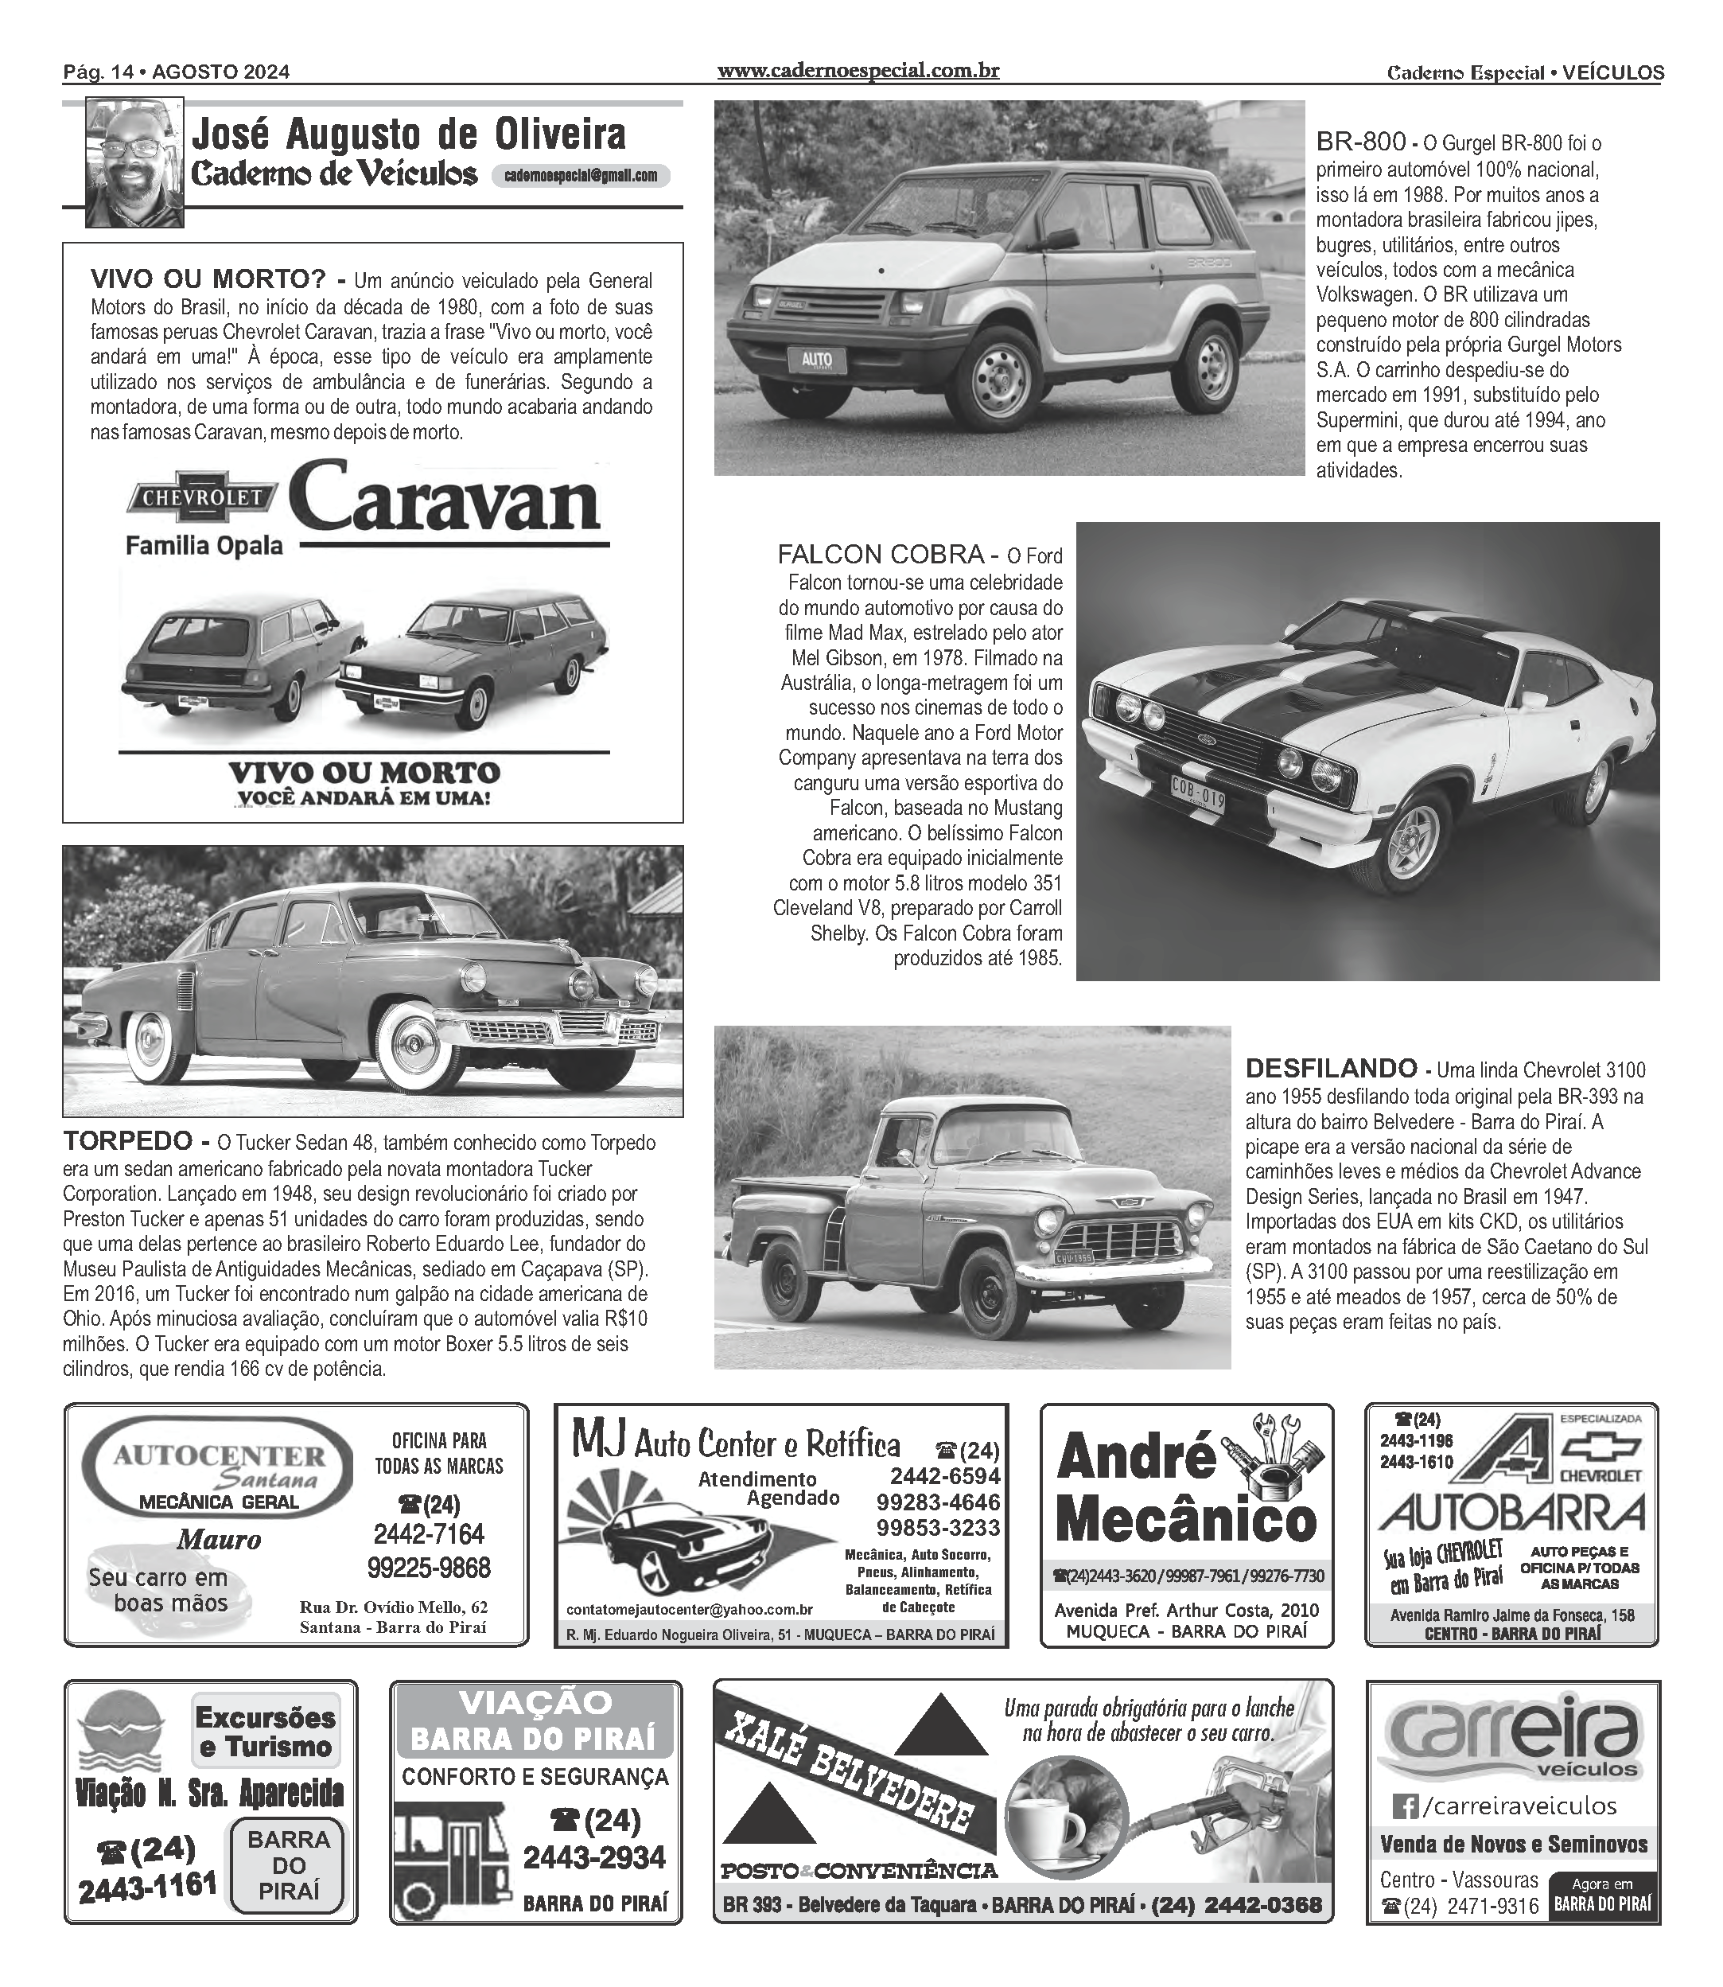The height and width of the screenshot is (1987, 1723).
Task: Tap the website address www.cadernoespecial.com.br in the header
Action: [858, 70]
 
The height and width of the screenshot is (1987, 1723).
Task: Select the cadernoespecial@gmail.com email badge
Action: [581, 176]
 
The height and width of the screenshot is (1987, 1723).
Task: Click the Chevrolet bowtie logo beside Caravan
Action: [202, 497]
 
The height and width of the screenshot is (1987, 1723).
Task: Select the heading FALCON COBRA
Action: [881, 554]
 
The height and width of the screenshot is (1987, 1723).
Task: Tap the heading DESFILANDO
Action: [1331, 1069]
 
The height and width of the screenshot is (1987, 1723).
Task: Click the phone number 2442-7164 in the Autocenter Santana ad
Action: [428, 1533]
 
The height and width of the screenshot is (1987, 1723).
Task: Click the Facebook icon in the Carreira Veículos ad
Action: [1406, 1806]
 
